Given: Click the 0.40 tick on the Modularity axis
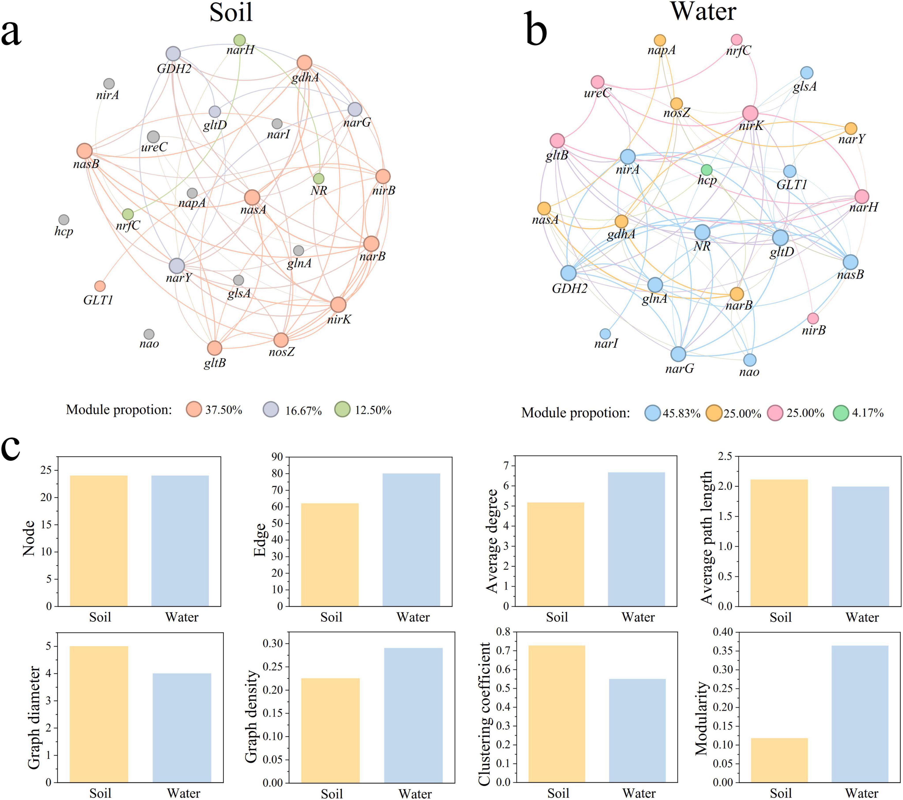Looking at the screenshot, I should pyautogui.click(x=723, y=632).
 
